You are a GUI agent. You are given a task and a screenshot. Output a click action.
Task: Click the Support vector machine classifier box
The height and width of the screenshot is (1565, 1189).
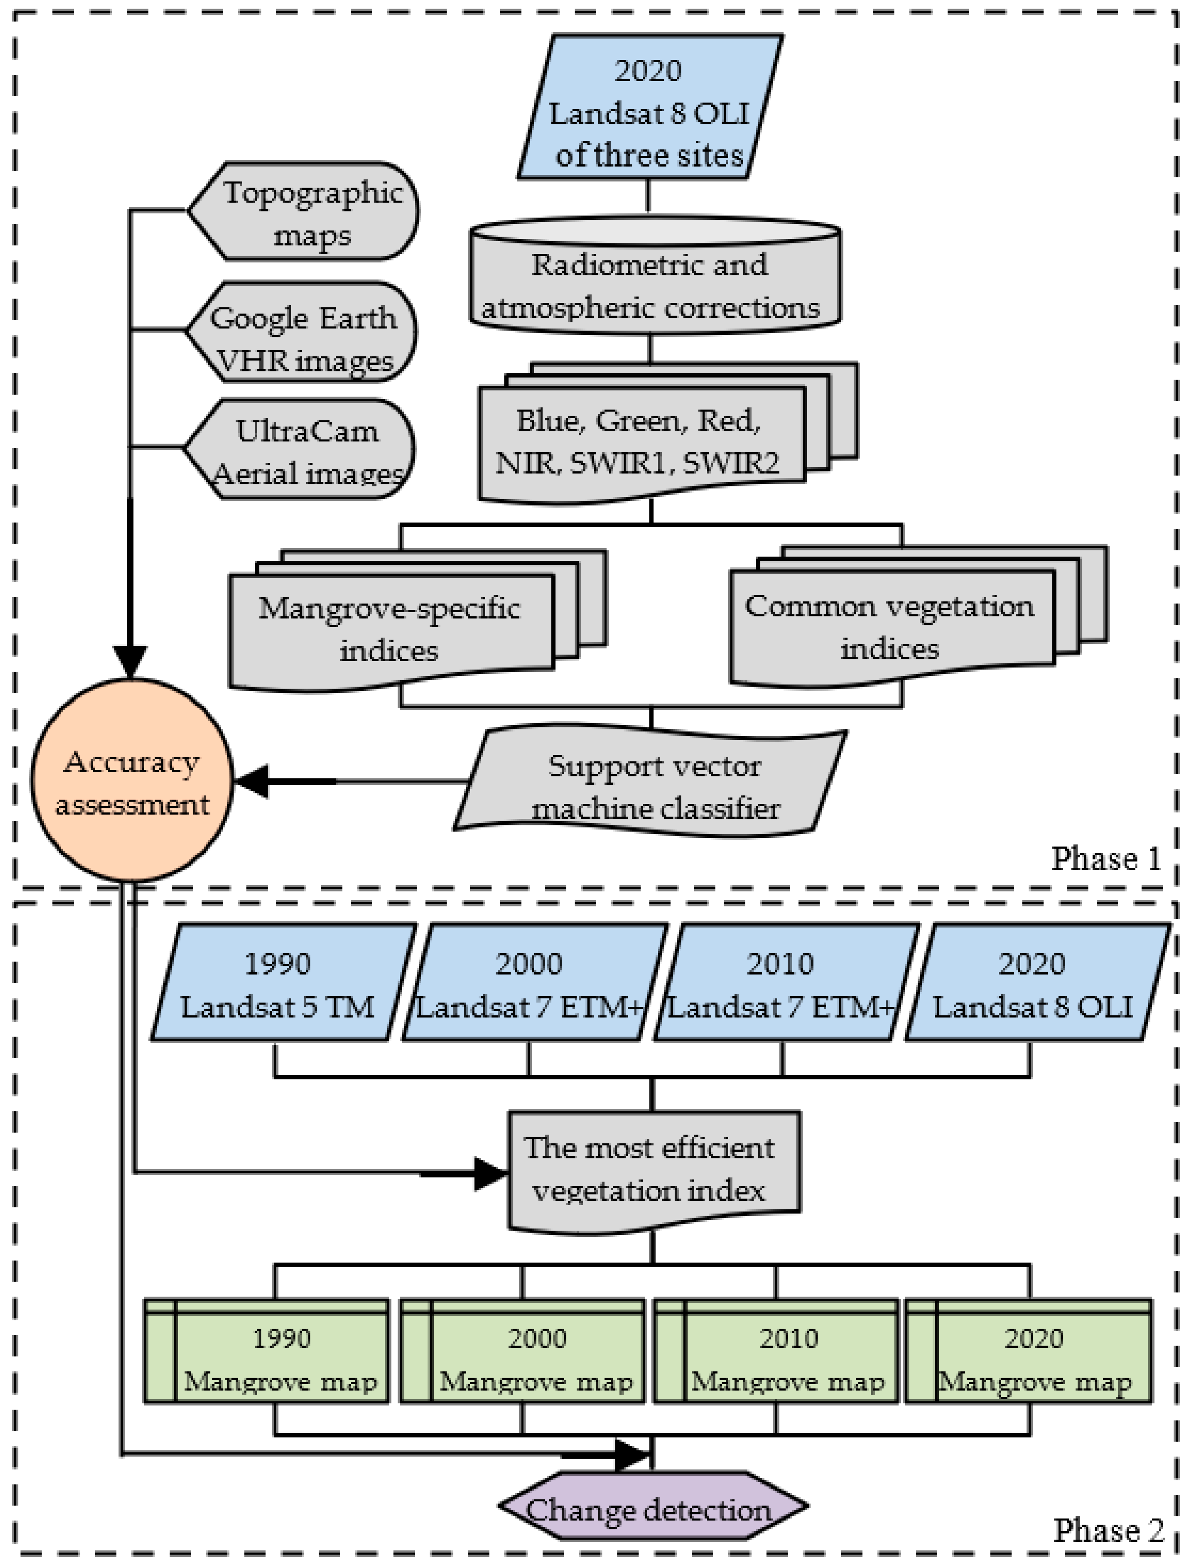[x=651, y=784]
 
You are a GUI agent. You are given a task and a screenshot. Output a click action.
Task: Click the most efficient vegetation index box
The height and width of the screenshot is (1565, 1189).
[x=653, y=1169]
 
